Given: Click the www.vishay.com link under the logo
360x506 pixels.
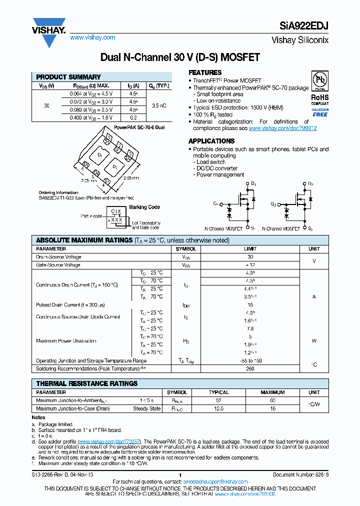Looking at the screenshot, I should click(x=92, y=37).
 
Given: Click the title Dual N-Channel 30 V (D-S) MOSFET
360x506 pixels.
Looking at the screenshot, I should click(x=180, y=57).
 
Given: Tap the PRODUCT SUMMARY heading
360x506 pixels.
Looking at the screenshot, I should click(x=68, y=77).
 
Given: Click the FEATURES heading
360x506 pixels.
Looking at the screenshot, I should click(x=205, y=72).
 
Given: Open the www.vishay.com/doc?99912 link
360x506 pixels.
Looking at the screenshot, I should click(x=282, y=128).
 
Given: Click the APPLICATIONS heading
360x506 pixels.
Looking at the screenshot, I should click(x=211, y=141).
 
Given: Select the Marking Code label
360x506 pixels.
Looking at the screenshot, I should click(x=144, y=207).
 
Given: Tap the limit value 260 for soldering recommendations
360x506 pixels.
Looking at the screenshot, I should click(x=250, y=368).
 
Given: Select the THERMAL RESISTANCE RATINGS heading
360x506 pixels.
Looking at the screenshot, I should click(x=86, y=383).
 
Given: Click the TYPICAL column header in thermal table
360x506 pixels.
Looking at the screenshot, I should click(x=218, y=392).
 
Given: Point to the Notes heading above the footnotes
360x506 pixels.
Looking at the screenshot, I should click(x=38, y=417).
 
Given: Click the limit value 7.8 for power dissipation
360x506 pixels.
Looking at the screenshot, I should click(x=250, y=328).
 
